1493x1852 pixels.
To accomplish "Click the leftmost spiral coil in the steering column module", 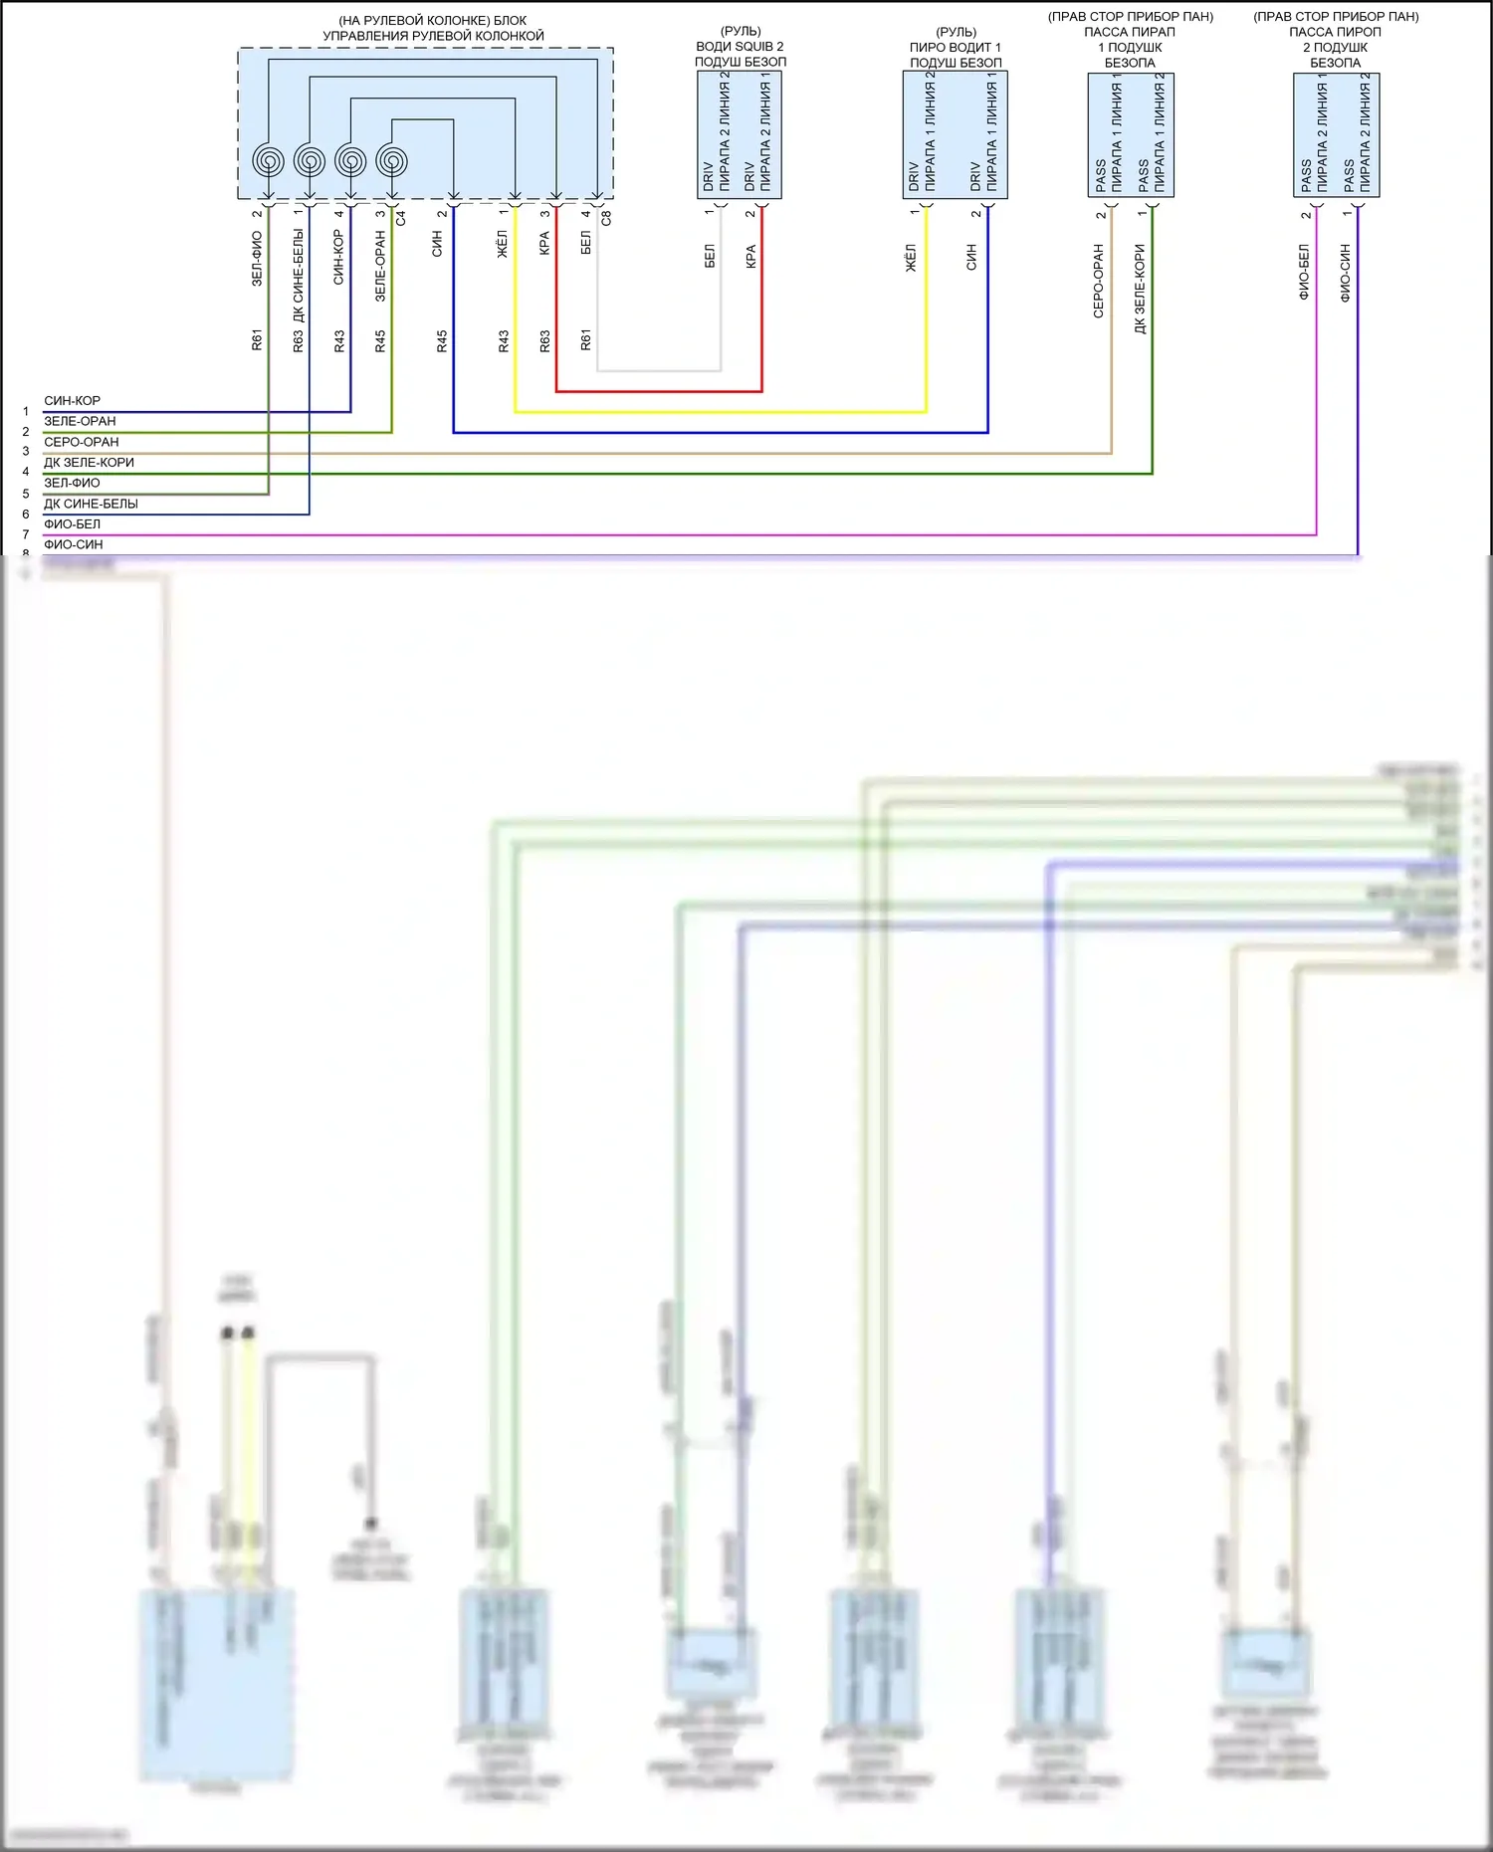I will click(269, 160).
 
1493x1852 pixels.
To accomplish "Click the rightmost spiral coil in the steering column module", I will click(392, 160).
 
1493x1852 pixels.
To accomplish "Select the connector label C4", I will click(401, 218).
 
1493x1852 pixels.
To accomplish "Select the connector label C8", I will click(606, 218).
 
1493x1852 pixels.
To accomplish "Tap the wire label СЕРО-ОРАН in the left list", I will click(82, 442).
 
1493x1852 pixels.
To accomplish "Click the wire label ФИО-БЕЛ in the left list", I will click(72, 524).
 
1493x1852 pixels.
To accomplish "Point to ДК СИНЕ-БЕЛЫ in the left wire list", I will click(91, 504).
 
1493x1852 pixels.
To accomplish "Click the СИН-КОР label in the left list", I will click(72, 401).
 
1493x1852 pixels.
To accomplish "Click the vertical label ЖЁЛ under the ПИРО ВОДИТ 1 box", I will click(910, 258).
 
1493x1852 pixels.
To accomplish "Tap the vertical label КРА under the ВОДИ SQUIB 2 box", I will click(751, 256).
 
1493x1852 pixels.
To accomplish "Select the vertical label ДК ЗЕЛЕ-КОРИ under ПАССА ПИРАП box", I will click(1141, 289).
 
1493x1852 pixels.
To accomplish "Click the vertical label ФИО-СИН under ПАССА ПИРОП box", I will click(1346, 273).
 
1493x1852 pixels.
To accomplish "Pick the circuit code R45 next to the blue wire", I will click(442, 341).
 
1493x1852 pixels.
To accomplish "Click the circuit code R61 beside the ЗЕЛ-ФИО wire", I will click(257, 340).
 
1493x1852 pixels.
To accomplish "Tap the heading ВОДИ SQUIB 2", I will click(740, 47).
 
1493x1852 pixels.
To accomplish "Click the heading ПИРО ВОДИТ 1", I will click(956, 47).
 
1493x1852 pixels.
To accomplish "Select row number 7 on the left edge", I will click(26, 535).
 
